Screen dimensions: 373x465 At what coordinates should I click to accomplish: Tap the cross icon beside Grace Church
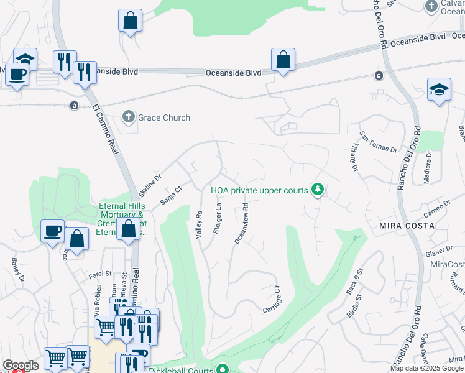point(129,117)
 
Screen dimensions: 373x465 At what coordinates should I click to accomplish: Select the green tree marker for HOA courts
point(318,189)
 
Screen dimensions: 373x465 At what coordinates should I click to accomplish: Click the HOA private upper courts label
point(259,190)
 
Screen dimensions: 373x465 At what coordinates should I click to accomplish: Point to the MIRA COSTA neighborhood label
point(407,226)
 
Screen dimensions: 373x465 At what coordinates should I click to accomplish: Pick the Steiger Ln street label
point(218,218)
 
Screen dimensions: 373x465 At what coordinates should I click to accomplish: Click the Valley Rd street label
point(199,224)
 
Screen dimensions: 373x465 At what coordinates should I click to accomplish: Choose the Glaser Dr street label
point(439,252)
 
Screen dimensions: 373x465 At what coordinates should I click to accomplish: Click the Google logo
point(21,366)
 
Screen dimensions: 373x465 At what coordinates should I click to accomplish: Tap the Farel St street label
point(99,273)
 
